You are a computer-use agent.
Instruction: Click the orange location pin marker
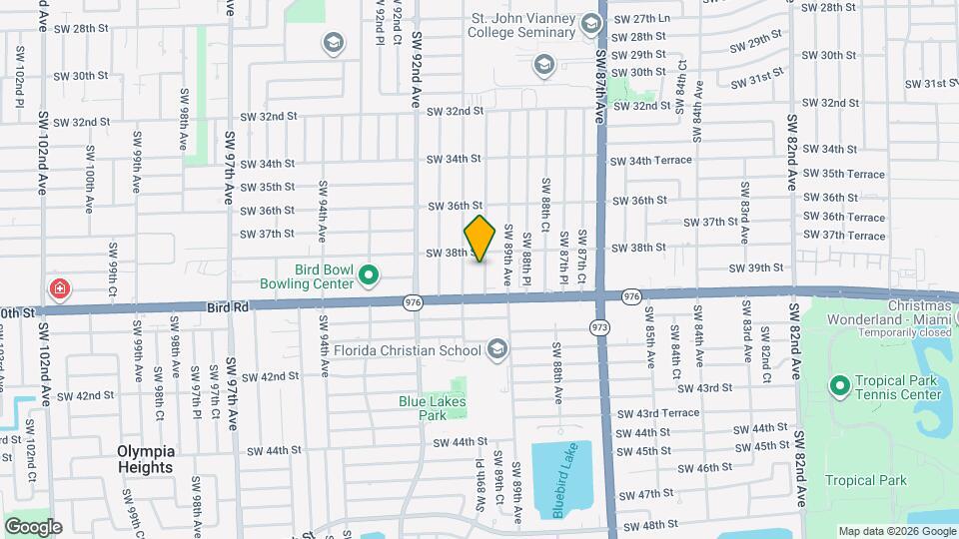click(x=479, y=239)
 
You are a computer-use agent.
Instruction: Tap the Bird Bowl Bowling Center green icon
click(x=369, y=273)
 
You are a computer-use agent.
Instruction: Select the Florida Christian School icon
click(x=497, y=349)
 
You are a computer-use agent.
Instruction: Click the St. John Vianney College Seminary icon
click(x=543, y=66)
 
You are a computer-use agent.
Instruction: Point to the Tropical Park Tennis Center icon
click(x=839, y=384)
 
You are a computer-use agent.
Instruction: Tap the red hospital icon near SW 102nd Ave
click(x=61, y=289)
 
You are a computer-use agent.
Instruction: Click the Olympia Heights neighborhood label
click(x=146, y=458)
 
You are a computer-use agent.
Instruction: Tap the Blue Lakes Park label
click(x=433, y=408)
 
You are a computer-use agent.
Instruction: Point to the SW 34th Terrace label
click(x=651, y=160)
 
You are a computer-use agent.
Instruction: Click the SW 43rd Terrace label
click(x=658, y=413)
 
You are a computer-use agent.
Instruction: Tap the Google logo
click(x=33, y=526)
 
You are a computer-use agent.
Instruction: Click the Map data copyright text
click(x=895, y=531)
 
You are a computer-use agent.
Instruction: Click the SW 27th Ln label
click(x=640, y=19)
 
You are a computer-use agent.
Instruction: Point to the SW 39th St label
click(x=756, y=268)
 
